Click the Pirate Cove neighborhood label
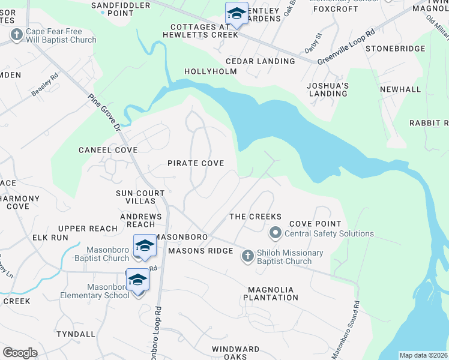pos(196,163)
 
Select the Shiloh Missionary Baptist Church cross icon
pos(247,257)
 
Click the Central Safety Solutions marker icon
pos(276,232)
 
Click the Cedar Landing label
pos(260,61)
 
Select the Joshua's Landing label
pos(328,89)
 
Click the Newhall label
pos(400,89)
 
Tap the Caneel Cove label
pos(108,150)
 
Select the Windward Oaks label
pos(236,353)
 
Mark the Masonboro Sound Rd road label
pos(355,323)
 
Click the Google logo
pos(20,353)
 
